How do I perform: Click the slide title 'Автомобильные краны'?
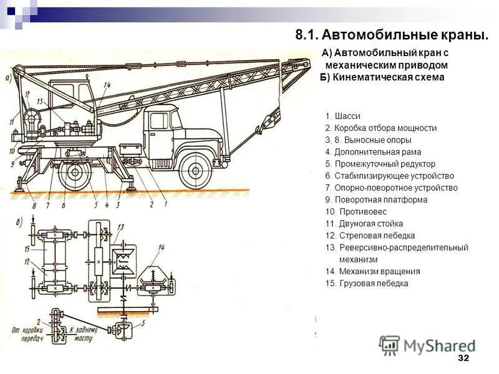coord(392,34)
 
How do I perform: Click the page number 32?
coord(463,358)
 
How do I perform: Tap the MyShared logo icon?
coord(390,345)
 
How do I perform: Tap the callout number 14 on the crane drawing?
coord(107,85)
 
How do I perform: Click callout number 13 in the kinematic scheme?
coord(121,226)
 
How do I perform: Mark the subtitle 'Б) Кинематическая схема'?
coord(382,77)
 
